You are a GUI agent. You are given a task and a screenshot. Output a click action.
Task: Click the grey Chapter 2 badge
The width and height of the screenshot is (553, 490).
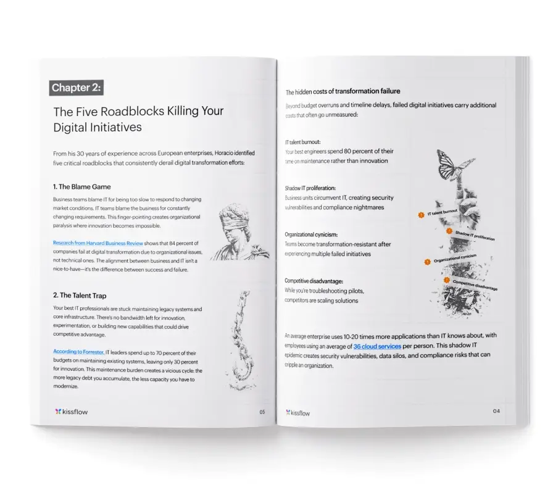76,88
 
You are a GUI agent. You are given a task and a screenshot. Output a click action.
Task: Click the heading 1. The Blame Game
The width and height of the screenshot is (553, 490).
82,187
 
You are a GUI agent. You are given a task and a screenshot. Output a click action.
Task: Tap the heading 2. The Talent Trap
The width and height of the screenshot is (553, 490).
80,296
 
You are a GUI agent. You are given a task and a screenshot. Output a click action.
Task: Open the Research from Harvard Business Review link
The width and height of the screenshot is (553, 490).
98,243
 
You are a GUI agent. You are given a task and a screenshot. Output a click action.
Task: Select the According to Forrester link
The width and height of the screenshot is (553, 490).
78,352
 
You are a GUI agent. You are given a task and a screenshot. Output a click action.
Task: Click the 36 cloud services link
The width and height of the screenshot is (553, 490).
377,346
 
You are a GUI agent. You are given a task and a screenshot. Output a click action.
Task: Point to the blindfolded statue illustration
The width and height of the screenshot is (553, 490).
240,231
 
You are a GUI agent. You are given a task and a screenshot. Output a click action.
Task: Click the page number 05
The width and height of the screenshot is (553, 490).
262,412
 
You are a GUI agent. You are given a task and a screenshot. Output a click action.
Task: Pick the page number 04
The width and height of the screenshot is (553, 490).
496,411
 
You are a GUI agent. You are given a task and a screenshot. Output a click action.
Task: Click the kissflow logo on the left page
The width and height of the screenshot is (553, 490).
71,412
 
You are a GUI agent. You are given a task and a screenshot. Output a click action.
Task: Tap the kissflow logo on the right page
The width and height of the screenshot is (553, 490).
297,413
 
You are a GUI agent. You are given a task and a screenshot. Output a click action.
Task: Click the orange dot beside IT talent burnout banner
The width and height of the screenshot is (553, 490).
421,215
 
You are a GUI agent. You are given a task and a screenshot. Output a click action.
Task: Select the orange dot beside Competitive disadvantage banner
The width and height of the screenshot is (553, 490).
446,280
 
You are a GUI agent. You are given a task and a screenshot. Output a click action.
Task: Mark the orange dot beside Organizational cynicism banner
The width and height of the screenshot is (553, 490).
428,262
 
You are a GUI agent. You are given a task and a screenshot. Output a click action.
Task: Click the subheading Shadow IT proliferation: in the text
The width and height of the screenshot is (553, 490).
310,188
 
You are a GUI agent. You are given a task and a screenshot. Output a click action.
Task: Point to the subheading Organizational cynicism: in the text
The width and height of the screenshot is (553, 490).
311,235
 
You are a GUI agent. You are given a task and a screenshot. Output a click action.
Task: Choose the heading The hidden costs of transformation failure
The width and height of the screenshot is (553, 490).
343,91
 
